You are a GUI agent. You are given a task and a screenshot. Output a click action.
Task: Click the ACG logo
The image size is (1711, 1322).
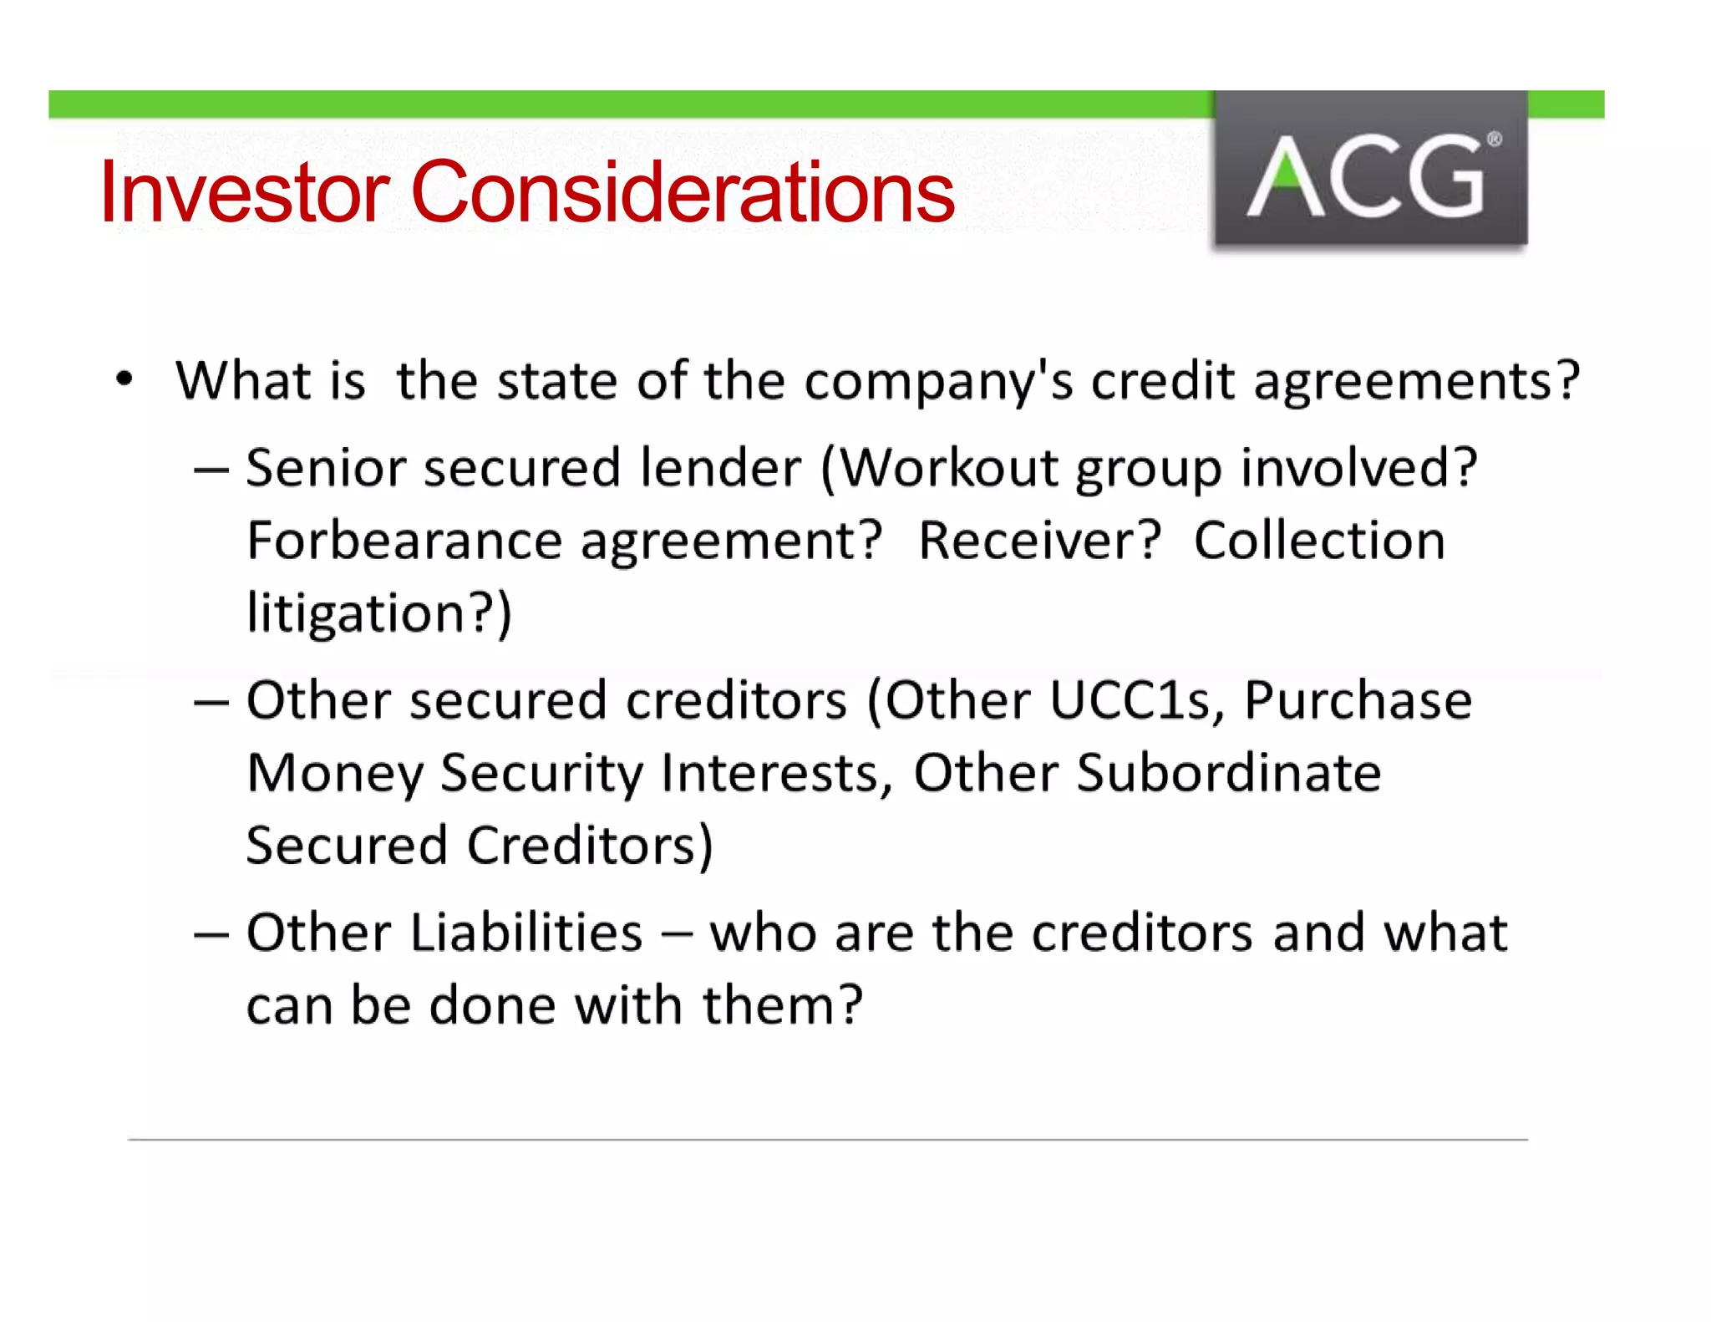(1370, 170)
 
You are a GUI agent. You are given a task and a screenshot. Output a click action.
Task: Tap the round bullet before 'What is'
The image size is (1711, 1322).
(124, 379)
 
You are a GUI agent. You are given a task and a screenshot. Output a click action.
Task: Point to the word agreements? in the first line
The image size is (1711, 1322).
(1417, 383)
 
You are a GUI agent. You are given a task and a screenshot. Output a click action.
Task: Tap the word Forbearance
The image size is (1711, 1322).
(404, 542)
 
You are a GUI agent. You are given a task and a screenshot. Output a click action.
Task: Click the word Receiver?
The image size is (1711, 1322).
(1039, 542)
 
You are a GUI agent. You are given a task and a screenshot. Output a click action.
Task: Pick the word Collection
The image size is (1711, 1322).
(1319, 542)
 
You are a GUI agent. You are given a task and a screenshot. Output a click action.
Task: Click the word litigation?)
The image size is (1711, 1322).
(379, 614)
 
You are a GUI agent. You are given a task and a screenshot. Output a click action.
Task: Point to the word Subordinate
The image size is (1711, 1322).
(1229, 773)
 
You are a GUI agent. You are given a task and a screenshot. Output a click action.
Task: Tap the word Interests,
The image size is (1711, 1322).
(777, 773)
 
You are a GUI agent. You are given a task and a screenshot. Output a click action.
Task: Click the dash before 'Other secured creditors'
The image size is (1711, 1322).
(211, 703)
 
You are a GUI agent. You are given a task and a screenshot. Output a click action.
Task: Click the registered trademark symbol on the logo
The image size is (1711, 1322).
(1494, 140)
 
